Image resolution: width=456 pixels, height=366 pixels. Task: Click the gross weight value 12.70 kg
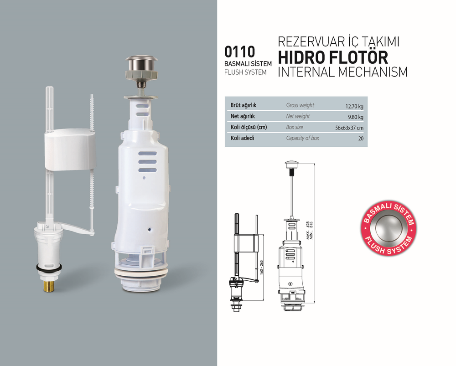click(354, 106)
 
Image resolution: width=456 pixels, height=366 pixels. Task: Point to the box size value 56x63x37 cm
click(349, 128)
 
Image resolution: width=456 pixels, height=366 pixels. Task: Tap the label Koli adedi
click(243, 138)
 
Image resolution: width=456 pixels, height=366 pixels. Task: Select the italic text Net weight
click(298, 116)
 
